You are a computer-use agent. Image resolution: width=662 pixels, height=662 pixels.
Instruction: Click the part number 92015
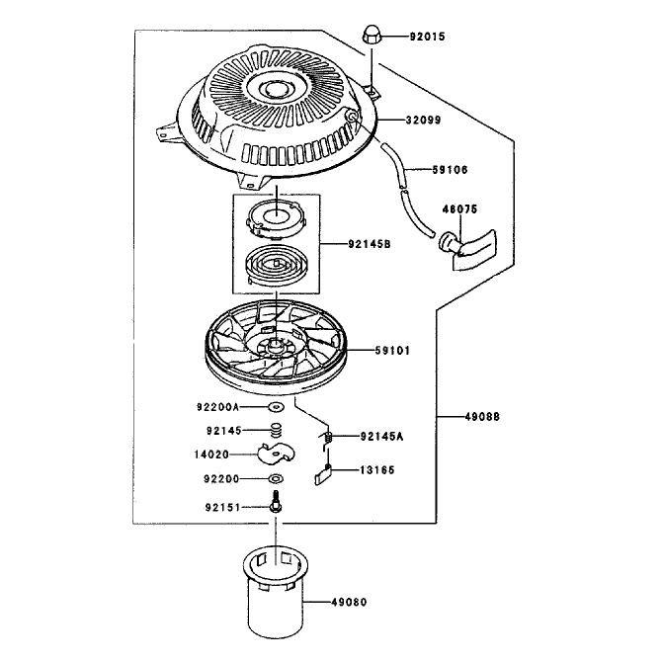click(x=427, y=37)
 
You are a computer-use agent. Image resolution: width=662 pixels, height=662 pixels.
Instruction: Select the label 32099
click(x=423, y=121)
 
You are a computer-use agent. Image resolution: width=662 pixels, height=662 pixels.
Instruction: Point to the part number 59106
click(x=450, y=170)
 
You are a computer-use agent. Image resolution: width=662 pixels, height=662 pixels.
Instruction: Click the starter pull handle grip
click(x=467, y=249)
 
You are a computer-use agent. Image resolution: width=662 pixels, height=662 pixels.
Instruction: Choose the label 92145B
click(x=370, y=244)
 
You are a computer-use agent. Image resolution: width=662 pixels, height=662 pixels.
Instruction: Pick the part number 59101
click(x=392, y=351)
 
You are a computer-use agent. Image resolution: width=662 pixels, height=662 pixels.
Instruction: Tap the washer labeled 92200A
click(x=276, y=407)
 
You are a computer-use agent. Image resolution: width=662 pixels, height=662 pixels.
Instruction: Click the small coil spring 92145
click(x=276, y=430)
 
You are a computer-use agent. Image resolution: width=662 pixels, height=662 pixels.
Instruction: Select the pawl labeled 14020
click(x=276, y=454)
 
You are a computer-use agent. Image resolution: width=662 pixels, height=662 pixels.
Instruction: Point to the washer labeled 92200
click(x=276, y=479)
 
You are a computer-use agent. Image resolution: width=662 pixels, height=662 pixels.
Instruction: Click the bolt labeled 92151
click(x=276, y=502)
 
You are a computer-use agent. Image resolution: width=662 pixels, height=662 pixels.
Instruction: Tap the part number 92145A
click(x=381, y=436)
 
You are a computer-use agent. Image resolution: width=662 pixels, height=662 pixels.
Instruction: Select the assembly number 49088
click(x=482, y=417)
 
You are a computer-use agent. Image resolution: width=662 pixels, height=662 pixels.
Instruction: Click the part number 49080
click(x=349, y=602)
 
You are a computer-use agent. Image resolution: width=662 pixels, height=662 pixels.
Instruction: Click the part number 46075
click(x=459, y=209)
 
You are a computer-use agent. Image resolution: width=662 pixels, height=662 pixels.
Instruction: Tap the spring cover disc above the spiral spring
click(x=276, y=218)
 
